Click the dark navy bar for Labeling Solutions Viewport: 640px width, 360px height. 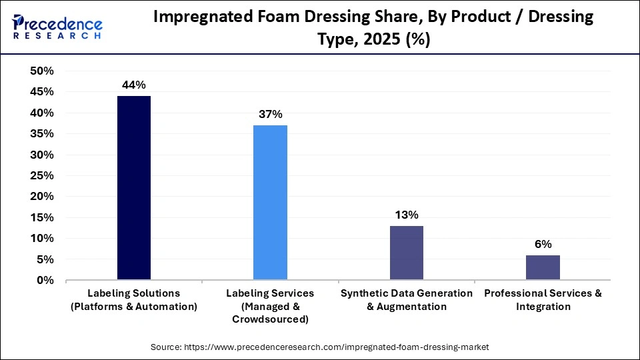tap(134, 188)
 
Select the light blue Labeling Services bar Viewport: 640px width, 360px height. tap(270, 203)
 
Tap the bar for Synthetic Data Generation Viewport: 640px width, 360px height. tap(406, 253)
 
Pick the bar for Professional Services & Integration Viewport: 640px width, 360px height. tap(543, 267)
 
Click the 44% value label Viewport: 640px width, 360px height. tap(133, 85)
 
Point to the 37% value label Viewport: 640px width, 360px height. tap(270, 115)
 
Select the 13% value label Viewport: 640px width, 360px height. tap(406, 215)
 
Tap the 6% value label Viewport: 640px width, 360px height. tap(543, 244)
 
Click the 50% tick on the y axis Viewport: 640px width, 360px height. tap(42, 71)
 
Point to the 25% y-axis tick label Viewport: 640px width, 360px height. tap(42, 176)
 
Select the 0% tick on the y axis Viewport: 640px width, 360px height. tap(45, 281)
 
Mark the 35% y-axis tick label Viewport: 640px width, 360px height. tap(42, 134)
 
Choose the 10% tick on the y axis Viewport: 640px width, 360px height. tap(42, 239)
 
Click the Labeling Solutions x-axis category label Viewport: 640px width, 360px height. tap(134, 300)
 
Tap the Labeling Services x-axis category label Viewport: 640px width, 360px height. tap(270, 306)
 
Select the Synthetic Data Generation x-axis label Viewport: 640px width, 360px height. tap(406, 300)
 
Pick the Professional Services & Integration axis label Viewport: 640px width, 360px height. tap(543, 300)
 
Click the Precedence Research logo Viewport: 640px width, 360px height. tap(57, 27)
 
